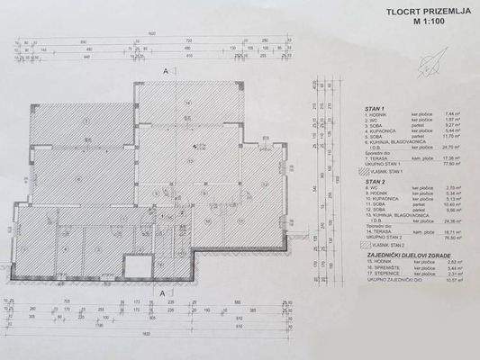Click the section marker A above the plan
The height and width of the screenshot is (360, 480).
coord(165,70)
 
